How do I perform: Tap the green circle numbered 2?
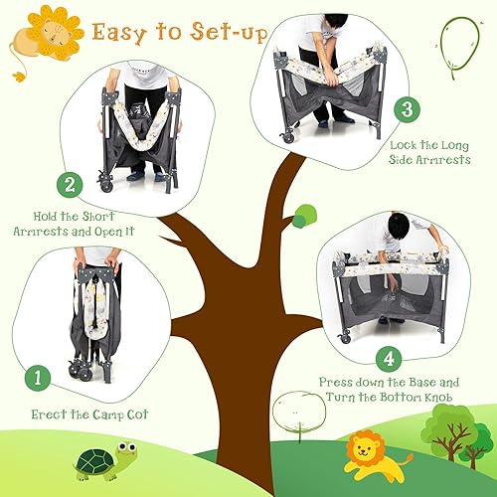(69, 184)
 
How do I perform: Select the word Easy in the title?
(120, 32)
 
